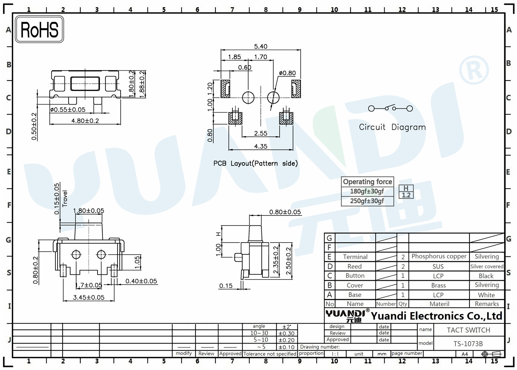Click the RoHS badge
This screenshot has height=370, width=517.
click(x=40, y=29)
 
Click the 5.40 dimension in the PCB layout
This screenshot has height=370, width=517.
click(x=261, y=46)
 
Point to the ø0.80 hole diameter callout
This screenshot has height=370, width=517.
click(x=287, y=73)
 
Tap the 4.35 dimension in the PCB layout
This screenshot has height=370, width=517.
click(x=261, y=146)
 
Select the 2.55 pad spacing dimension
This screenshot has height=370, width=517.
click(x=261, y=133)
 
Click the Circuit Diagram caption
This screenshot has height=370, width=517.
click(x=392, y=127)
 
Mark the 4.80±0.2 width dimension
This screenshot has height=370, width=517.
click(x=85, y=121)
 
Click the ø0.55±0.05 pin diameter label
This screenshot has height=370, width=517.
click(x=68, y=109)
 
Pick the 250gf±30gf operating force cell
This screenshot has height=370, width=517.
click(x=367, y=201)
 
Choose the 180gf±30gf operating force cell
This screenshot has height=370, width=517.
click(x=367, y=191)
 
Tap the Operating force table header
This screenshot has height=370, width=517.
click(x=367, y=182)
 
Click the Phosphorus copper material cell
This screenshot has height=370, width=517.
click(x=439, y=256)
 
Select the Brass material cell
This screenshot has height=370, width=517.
click(x=438, y=285)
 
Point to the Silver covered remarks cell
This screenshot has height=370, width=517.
click(x=487, y=266)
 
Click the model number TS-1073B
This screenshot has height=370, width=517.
click(x=468, y=344)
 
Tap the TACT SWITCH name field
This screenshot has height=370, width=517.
click(x=468, y=330)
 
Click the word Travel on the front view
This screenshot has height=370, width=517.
click(x=65, y=199)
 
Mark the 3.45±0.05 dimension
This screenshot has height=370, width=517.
click(x=89, y=297)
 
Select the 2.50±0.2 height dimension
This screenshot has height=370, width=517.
click(x=288, y=261)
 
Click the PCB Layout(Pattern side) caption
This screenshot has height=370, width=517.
click(x=255, y=163)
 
